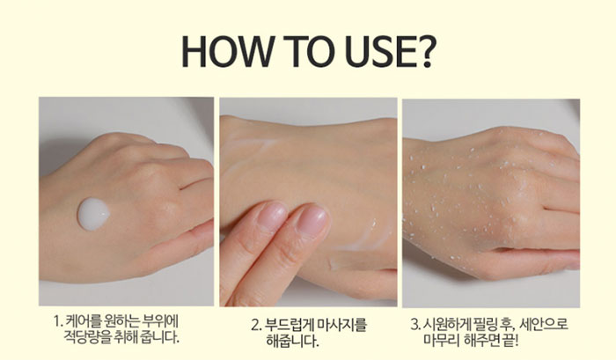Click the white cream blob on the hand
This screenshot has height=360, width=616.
tap(93, 214)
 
